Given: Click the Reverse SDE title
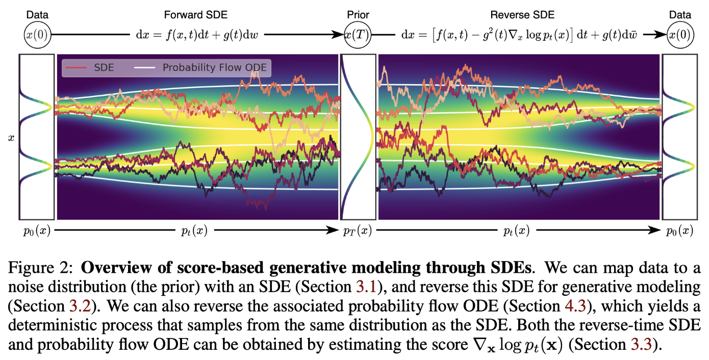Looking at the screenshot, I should pyautogui.click(x=515, y=15).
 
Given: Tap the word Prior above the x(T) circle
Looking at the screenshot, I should pyautogui.click(x=357, y=15).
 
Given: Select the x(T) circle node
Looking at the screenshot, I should pyautogui.click(x=357, y=35).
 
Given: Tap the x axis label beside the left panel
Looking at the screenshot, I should pyautogui.click(x=11, y=138).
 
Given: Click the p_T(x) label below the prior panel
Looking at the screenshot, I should pyautogui.click(x=357, y=231).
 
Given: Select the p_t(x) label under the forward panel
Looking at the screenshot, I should pyautogui.click(x=194, y=231).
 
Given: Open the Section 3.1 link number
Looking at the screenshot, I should pyautogui.click(x=366, y=287).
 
